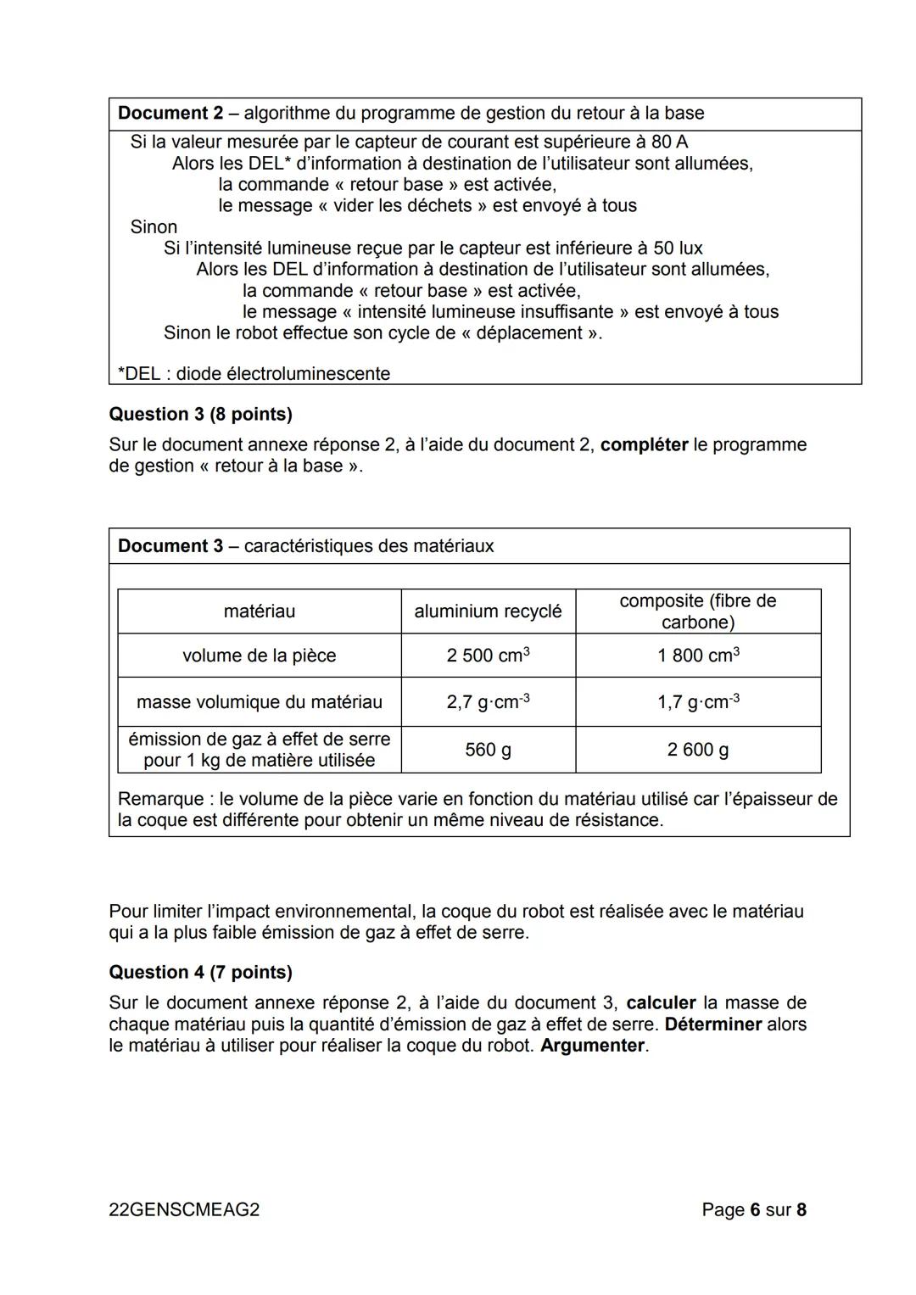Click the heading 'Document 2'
pyautogui.click(x=170, y=113)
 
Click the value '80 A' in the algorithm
pyautogui.click(x=669, y=142)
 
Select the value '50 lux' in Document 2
pyautogui.click(x=677, y=248)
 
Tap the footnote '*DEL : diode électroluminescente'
pyautogui.click(x=254, y=373)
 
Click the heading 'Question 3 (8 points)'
pyautogui.click(x=200, y=414)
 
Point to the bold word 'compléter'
pyautogui.click(x=644, y=444)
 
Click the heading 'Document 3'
pyautogui.click(x=170, y=545)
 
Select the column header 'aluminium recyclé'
pyautogui.click(x=488, y=611)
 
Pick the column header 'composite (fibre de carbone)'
pyautogui.click(x=697, y=611)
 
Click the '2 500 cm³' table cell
pyautogui.click(x=488, y=656)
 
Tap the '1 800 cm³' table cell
pyautogui.click(x=697, y=656)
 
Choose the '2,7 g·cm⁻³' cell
pyautogui.click(x=488, y=701)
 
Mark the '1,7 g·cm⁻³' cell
pyautogui.click(x=697, y=701)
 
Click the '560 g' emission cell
pyautogui.click(x=488, y=750)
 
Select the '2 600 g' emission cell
pyautogui.click(x=697, y=750)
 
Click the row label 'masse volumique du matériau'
pyautogui.click(x=259, y=701)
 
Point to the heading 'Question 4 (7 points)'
pyautogui.click(x=200, y=972)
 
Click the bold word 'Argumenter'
pyautogui.click(x=592, y=1045)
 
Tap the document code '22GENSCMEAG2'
pyautogui.click(x=184, y=1209)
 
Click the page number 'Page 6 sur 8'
pyautogui.click(x=753, y=1209)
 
